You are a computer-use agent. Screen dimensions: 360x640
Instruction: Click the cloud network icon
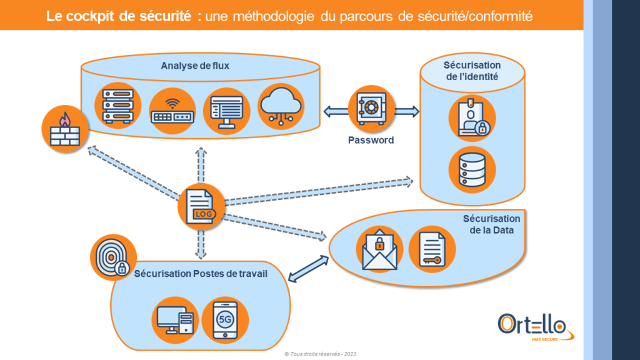[280, 107]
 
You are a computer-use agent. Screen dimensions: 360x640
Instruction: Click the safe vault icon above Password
[371, 110]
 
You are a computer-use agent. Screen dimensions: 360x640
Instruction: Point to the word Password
[371, 140]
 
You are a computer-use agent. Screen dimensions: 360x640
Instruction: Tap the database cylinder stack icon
[472, 169]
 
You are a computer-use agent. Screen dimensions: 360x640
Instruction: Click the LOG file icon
[201, 206]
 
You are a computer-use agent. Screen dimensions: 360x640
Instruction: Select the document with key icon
[432, 248]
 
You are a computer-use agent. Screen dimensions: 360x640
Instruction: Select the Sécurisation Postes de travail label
[201, 272]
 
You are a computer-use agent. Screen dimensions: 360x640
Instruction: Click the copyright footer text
[320, 354]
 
